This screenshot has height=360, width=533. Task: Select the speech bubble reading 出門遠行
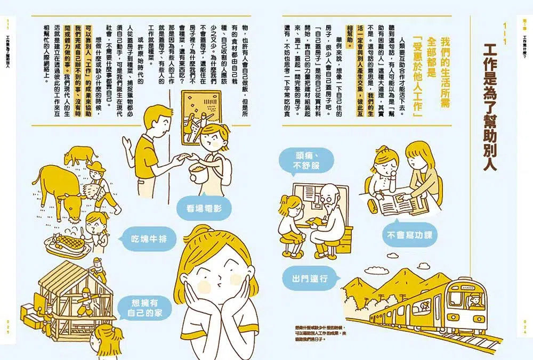[x=309, y=279]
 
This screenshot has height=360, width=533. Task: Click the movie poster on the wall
[x=200, y=118]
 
